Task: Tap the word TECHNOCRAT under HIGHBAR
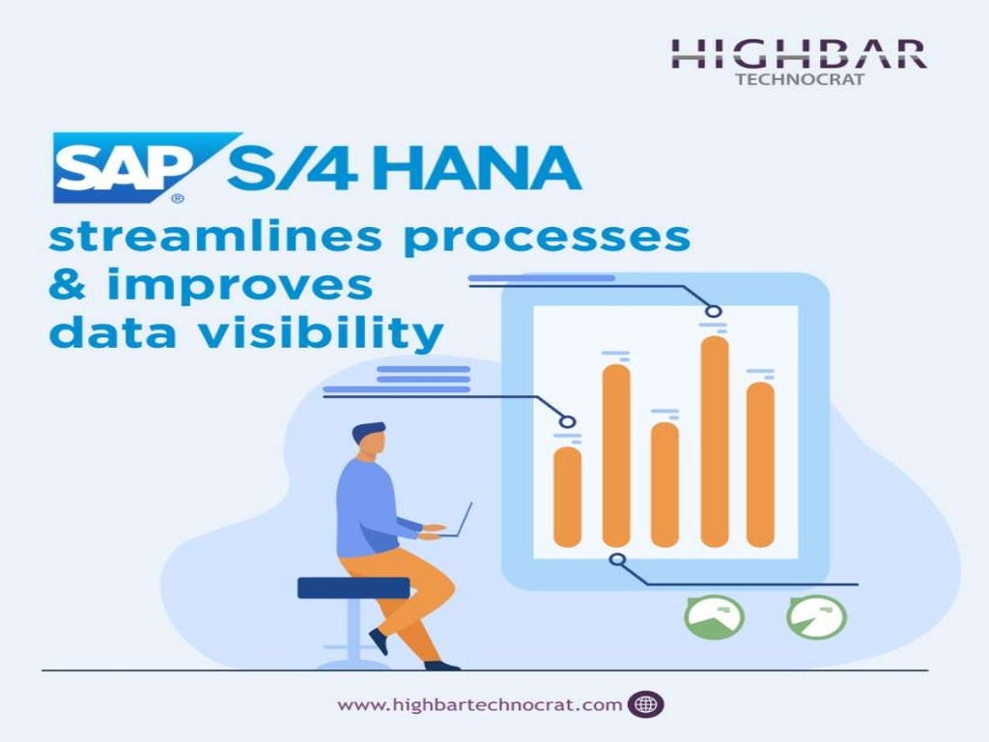pyautogui.click(x=800, y=79)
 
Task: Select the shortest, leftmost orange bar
pyautogui.click(x=568, y=497)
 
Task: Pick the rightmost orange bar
pyautogui.click(x=761, y=464)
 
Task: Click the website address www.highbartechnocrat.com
pyautogui.click(x=480, y=704)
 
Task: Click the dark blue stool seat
pyautogui.click(x=353, y=587)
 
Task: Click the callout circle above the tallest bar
pyautogui.click(x=714, y=311)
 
